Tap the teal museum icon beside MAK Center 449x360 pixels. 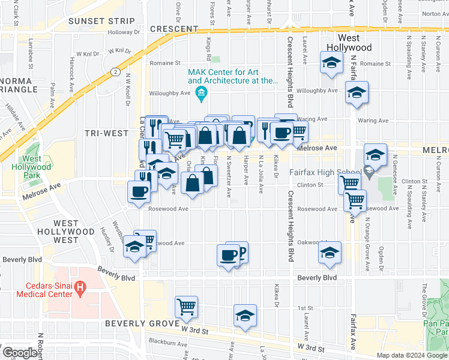click(201, 92)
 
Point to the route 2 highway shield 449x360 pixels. click(113, 71)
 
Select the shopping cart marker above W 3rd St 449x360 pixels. click(187, 307)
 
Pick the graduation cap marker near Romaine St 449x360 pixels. click(330, 63)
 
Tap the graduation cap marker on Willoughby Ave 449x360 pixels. click(357, 92)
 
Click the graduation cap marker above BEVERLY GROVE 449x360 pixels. click(245, 316)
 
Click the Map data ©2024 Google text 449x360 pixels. click(411, 355)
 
